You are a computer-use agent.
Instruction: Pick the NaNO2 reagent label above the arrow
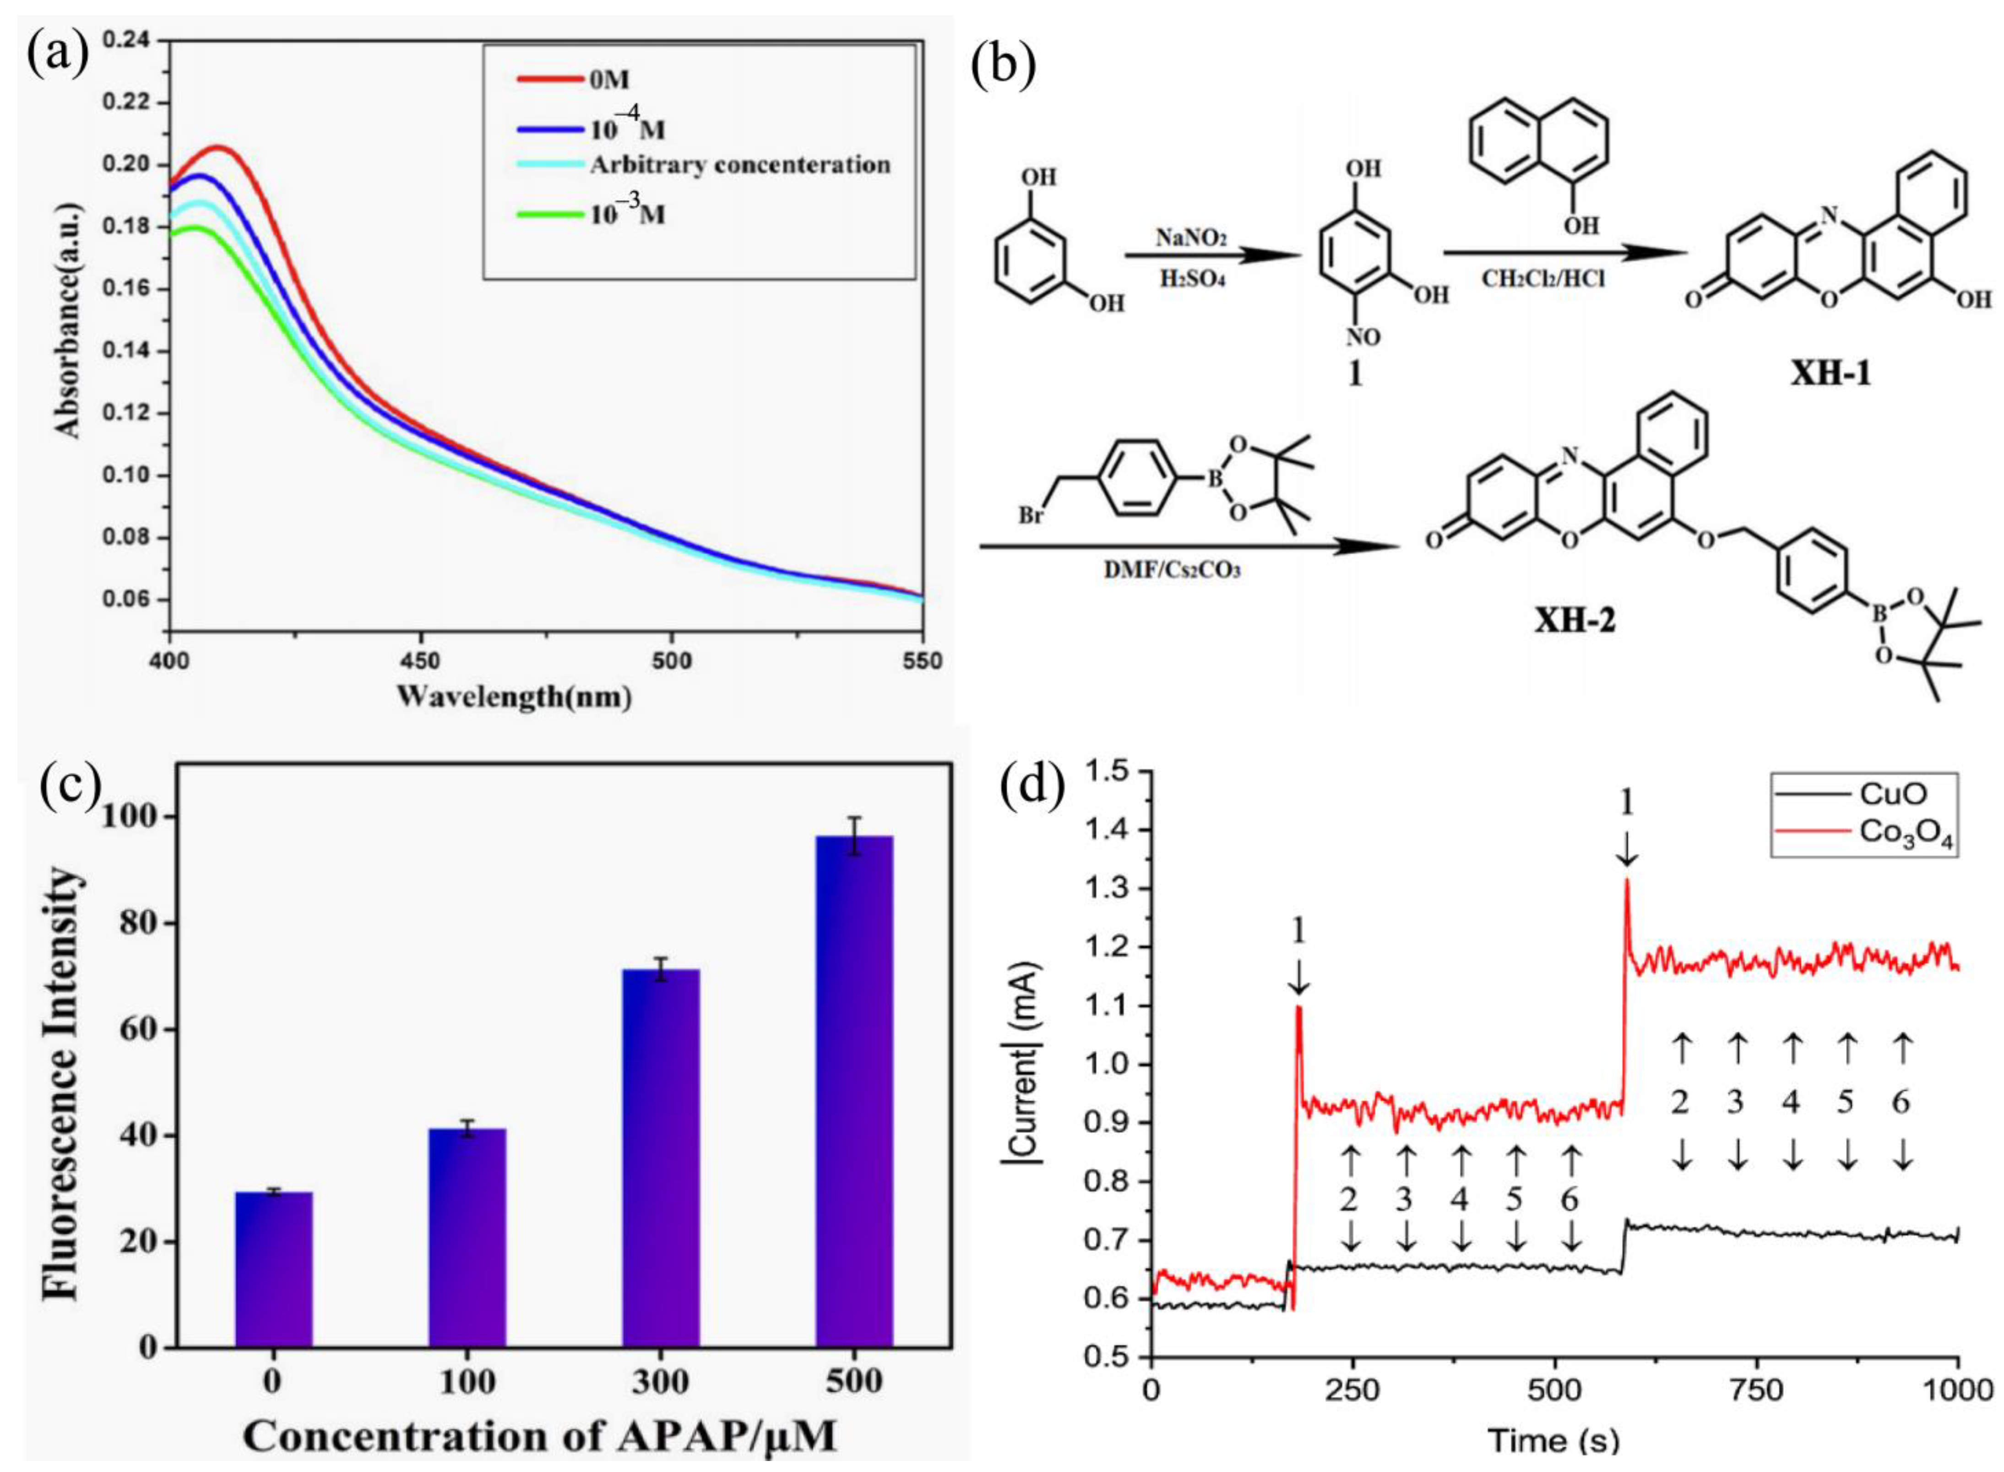[x=1191, y=238]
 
